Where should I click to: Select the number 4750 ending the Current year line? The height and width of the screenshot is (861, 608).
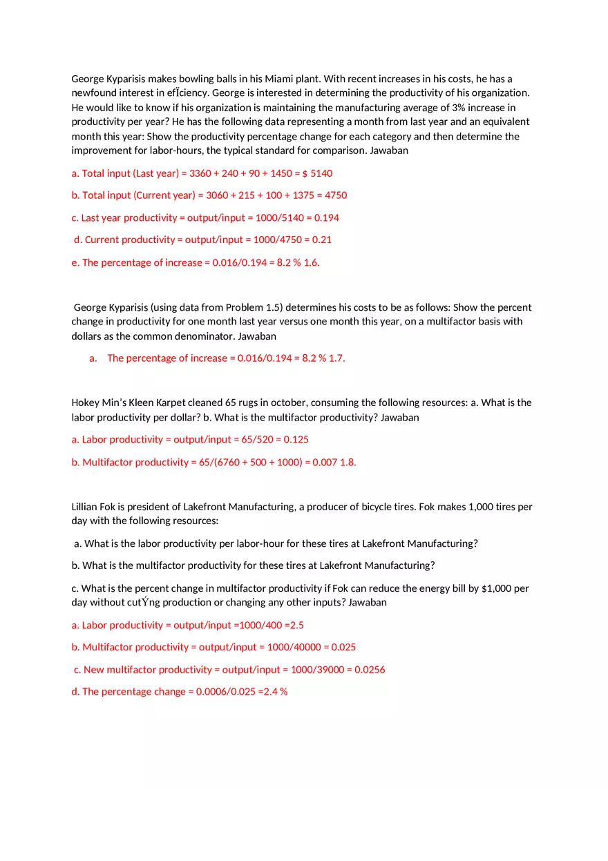pos(336,195)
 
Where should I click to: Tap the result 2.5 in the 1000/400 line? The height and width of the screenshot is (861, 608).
pos(296,626)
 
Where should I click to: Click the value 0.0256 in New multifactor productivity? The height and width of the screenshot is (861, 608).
pos(370,670)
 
